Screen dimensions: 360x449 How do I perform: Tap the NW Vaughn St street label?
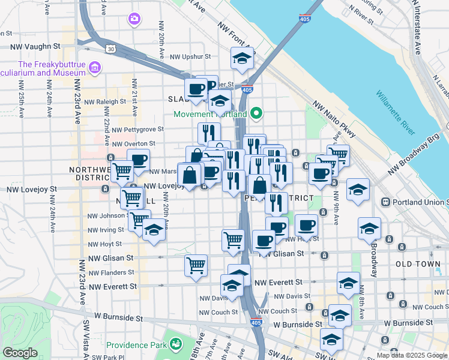click(36, 46)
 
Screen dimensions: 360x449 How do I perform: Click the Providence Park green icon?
click(175, 344)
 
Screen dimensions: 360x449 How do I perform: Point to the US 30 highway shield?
click(110, 49)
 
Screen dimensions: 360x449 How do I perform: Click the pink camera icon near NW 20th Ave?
click(134, 19)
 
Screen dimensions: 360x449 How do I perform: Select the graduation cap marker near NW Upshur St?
click(243, 58)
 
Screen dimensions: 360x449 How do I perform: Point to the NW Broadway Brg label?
click(414, 153)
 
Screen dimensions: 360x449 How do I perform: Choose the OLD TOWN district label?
click(418, 264)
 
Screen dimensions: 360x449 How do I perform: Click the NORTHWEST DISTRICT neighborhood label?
click(90, 173)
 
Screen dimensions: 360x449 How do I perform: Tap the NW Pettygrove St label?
click(137, 129)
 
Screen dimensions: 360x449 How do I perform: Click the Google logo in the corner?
click(20, 353)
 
